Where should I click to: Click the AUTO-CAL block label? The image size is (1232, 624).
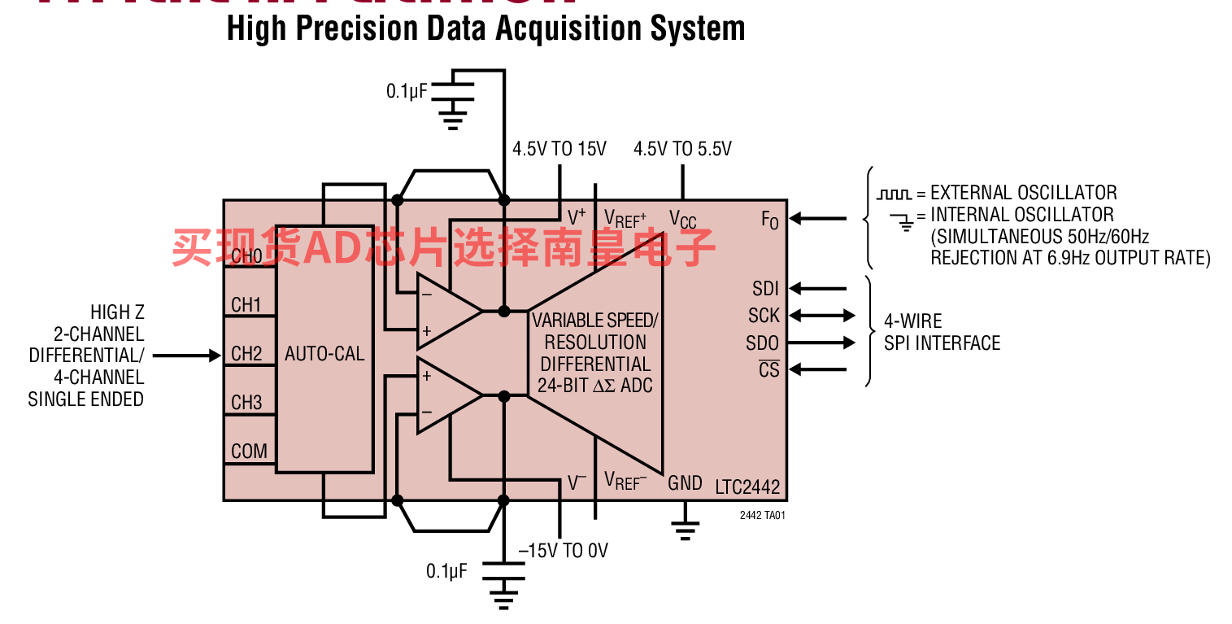324,354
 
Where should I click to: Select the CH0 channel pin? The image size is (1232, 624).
246,256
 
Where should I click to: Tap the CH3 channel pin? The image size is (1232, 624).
246,403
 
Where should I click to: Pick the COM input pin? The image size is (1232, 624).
249,452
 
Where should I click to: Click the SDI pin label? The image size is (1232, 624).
765,289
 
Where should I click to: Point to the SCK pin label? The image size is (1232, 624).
764,316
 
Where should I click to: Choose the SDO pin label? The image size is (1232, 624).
763,343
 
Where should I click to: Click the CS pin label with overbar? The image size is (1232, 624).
768,369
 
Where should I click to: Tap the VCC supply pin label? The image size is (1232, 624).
683,219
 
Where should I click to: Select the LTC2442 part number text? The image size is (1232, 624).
747,488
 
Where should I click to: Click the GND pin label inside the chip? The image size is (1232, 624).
685,483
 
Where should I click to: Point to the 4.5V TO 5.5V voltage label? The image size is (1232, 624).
682,149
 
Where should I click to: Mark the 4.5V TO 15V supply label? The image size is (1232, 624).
559,149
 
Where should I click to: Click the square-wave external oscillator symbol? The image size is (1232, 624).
894,194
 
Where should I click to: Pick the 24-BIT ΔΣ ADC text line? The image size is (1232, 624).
595,386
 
